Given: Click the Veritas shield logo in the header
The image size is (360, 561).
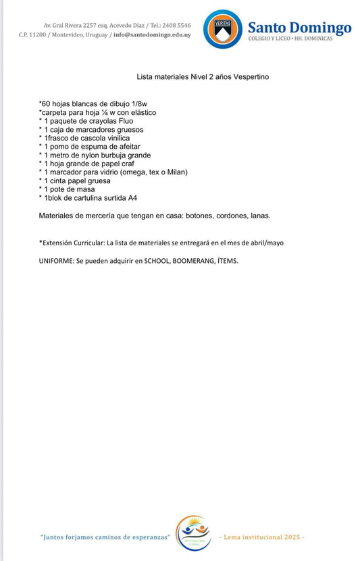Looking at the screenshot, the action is coord(222,29).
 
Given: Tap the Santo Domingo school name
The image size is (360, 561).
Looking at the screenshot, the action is coord(299,28).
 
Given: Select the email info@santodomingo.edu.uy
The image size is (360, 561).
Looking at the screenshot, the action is coord(152,34).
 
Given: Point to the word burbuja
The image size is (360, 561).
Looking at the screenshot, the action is coord(112,155).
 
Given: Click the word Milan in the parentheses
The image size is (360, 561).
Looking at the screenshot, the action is coord(176,172).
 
